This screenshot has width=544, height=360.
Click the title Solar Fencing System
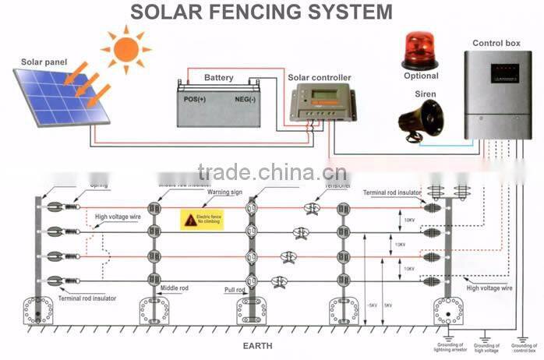click(260, 12)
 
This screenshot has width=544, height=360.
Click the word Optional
click(421, 76)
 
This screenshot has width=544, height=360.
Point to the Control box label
click(496, 44)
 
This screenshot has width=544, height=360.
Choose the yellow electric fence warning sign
click(202, 219)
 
